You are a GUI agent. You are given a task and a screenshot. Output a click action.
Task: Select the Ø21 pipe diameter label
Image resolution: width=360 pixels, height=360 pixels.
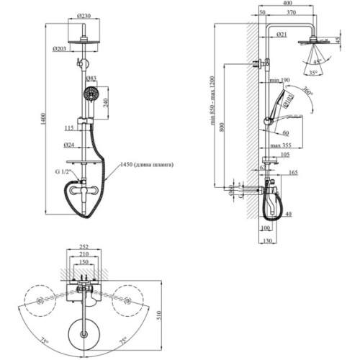282,35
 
